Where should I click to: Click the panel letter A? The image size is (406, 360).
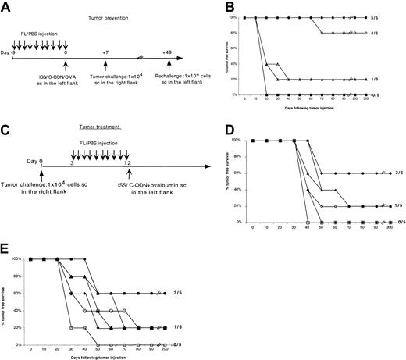coord(7,7)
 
